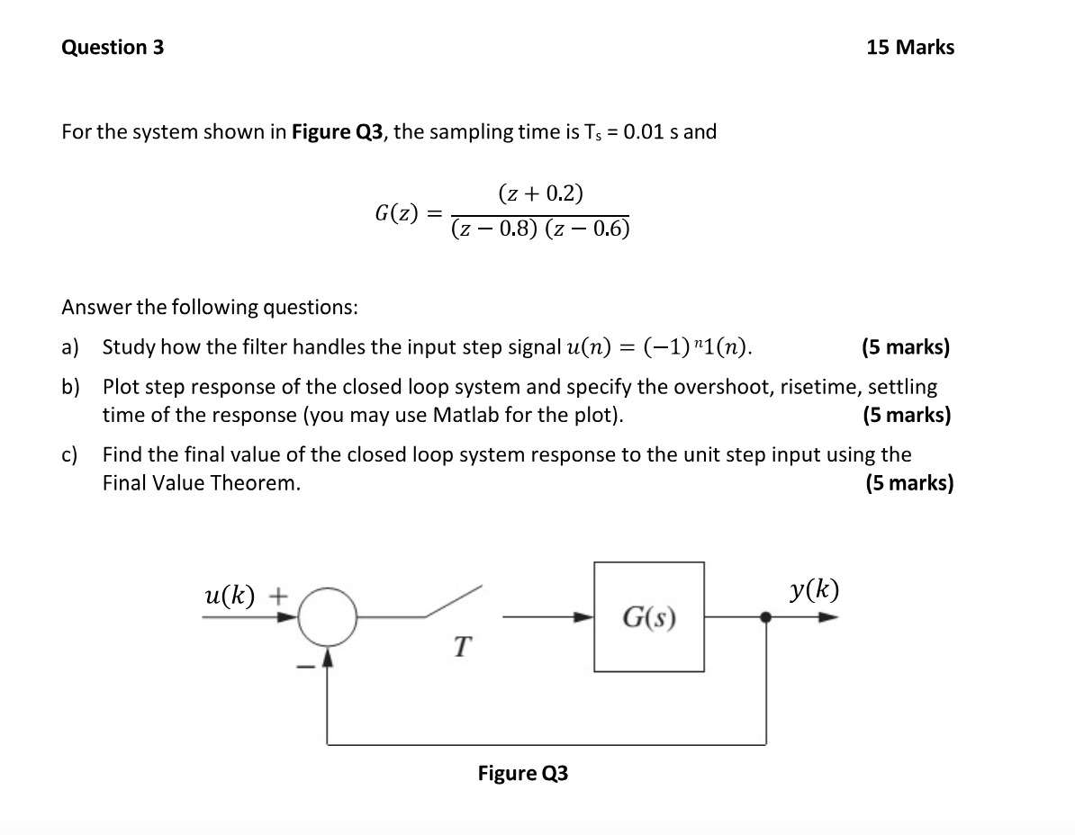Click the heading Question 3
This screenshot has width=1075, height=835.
113,48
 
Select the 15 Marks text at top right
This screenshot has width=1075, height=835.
909,48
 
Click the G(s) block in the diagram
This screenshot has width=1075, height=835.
648,617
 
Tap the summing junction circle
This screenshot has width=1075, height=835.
327,617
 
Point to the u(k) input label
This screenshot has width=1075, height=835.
230,595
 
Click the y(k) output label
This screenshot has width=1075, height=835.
814,590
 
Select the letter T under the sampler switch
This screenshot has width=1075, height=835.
461,646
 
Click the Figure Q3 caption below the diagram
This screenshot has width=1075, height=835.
522,774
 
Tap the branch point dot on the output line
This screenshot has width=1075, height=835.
766,617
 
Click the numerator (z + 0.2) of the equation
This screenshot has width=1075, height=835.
540,193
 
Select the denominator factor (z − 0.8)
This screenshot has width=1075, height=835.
494,229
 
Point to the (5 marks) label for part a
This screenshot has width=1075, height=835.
905,347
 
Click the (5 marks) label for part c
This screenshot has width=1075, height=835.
908,483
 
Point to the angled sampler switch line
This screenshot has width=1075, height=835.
454,601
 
